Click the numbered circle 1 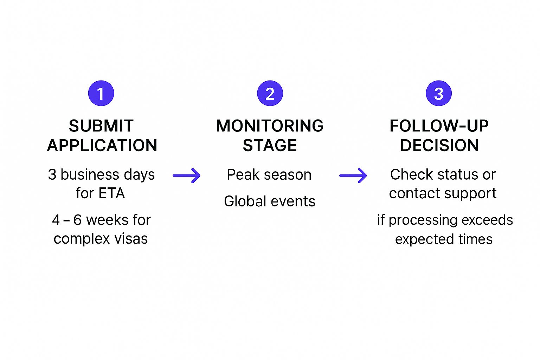click(101, 94)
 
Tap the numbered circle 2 click(270, 94)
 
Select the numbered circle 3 click(438, 94)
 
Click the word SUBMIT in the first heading click(101, 126)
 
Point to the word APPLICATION click(102, 146)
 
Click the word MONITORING click(270, 126)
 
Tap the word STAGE click(270, 146)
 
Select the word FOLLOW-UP click(439, 126)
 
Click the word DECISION click(439, 146)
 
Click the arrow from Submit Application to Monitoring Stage click(187, 175)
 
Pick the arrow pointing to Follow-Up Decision click(353, 175)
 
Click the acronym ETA click(111, 193)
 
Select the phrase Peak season click(269, 175)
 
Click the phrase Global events click(270, 201)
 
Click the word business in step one click(90, 175)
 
